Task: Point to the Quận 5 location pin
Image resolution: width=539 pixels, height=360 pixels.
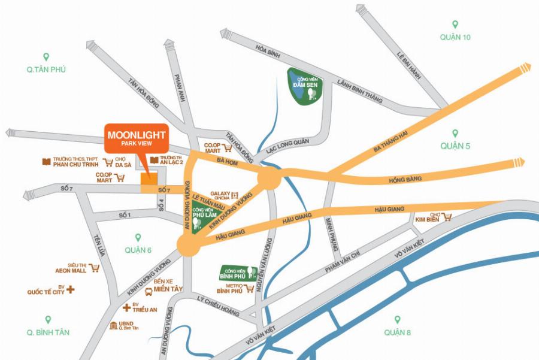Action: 455,133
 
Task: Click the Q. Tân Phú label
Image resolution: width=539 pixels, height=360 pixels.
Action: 46,69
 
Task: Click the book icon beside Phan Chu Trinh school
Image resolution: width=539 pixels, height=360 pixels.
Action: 46,162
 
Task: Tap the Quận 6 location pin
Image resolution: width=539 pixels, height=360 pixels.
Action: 138,237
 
